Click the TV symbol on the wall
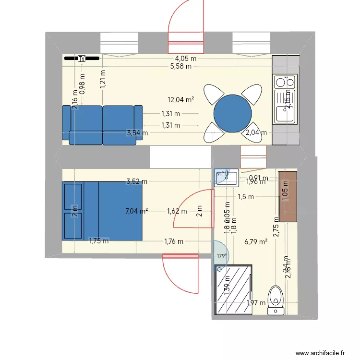point(82,59)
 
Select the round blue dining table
point(232,113)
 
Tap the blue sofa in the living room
point(102,125)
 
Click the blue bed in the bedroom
point(102,210)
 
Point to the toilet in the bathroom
point(276,299)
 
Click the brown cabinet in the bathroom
point(288,196)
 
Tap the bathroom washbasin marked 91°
point(227,177)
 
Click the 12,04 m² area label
point(180,100)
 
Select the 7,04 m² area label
point(136,210)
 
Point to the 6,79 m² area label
point(255,242)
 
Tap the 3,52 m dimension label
point(136,181)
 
